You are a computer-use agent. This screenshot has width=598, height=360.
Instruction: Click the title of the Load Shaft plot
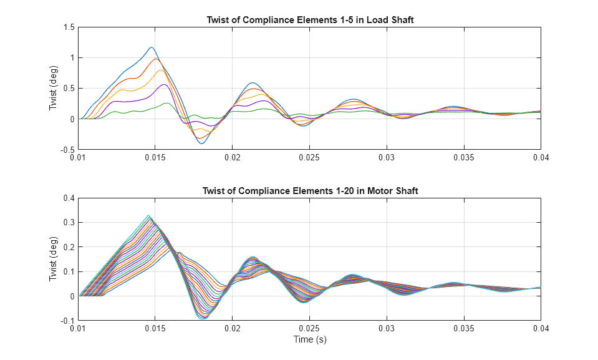point(310,20)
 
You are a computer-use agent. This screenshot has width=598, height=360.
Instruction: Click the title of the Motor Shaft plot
point(310,191)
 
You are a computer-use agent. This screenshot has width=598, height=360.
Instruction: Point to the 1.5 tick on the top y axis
point(67,27)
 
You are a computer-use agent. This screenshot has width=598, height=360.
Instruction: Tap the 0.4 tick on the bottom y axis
point(67,198)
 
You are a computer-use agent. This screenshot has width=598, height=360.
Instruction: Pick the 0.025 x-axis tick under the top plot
point(309,158)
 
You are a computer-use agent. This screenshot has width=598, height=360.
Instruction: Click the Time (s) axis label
point(310,340)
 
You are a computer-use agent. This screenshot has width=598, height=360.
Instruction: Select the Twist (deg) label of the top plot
point(54,89)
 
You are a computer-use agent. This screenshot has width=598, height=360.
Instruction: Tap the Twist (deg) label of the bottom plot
point(54,260)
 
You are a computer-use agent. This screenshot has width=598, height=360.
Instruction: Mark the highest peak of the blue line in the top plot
point(151,47)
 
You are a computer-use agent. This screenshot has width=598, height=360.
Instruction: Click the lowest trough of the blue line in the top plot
point(201,144)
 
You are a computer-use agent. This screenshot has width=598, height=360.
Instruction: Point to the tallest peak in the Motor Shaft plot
point(148,216)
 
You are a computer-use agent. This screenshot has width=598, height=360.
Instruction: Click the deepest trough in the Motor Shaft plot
point(203,319)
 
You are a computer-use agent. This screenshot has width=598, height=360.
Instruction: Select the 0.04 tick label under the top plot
point(540,158)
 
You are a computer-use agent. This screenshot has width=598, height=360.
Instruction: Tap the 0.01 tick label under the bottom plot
point(78,329)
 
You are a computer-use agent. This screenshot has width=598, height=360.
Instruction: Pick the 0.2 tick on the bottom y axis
point(67,247)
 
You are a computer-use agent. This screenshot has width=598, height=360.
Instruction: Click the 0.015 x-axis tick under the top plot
point(155,158)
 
